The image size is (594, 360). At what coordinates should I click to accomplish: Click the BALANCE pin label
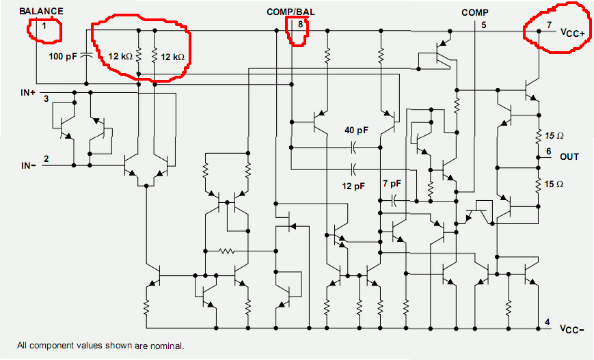click(42, 11)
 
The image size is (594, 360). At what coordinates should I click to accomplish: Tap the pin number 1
click(44, 26)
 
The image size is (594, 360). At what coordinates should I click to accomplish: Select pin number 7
click(549, 25)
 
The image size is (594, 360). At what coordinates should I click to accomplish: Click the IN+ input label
click(28, 91)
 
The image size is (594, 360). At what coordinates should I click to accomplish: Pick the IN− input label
click(27, 165)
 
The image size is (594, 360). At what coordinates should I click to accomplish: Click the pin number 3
click(46, 100)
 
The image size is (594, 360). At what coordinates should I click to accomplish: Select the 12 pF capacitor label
click(353, 185)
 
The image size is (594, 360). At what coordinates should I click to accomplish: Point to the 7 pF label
click(392, 184)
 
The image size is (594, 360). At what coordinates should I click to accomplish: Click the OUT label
click(569, 156)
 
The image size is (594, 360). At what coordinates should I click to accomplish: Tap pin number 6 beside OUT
click(548, 151)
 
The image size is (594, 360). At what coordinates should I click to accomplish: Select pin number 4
click(546, 322)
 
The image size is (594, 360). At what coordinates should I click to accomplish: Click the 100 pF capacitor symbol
click(86, 55)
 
